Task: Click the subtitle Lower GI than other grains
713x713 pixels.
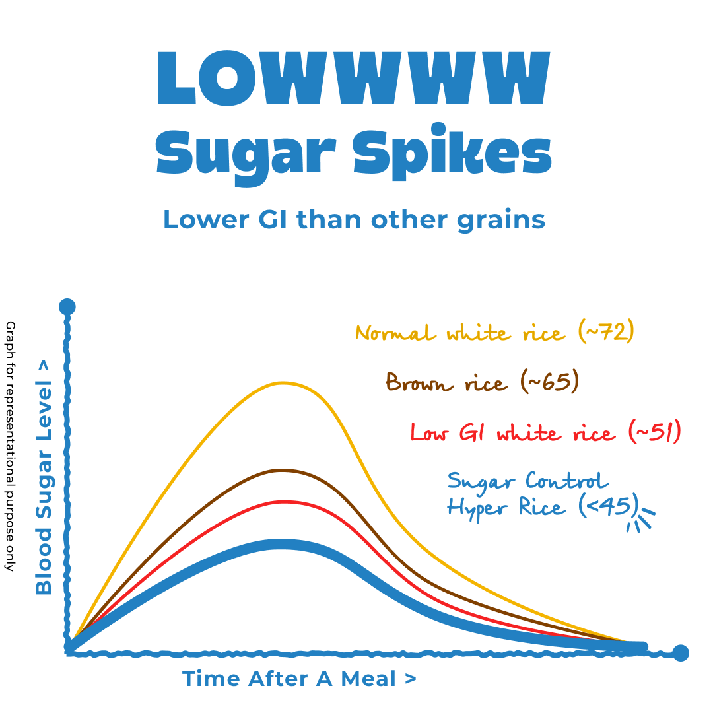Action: pos(354,219)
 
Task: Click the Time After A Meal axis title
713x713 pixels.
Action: pos(299,678)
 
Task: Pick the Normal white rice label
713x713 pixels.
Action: pos(460,333)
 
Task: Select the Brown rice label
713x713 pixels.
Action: pos(447,382)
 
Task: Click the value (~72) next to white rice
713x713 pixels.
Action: pos(605,331)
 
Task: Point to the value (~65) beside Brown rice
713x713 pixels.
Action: pos(549,382)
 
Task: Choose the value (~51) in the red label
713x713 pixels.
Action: pos(654,433)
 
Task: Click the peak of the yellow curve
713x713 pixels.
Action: pos(283,382)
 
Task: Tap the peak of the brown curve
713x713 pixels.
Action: pos(283,470)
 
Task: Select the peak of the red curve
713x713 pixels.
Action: pos(283,501)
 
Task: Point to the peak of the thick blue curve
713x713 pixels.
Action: pos(283,545)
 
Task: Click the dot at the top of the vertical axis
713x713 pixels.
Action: pos(67,307)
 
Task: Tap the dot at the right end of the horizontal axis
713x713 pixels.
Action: pos(681,653)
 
